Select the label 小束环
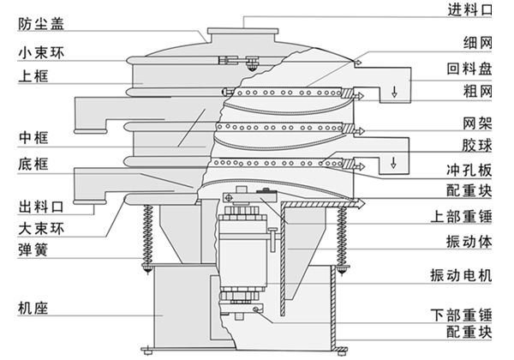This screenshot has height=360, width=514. click(x=39, y=53)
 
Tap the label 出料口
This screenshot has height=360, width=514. click(x=38, y=207)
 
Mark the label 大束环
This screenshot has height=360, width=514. click(x=38, y=229)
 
